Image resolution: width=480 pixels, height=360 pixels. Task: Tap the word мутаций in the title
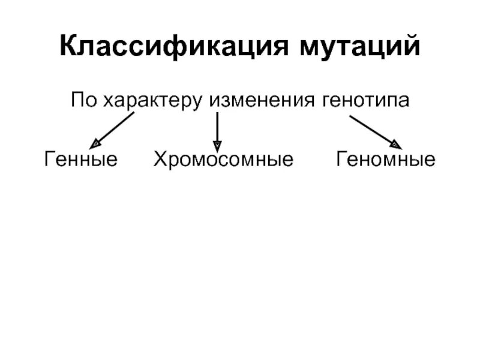click(359, 47)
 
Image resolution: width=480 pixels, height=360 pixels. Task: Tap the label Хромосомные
click(223, 160)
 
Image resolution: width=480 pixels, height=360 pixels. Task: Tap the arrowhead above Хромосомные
click(217, 145)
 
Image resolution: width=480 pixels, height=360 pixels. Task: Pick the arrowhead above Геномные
click(395, 143)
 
